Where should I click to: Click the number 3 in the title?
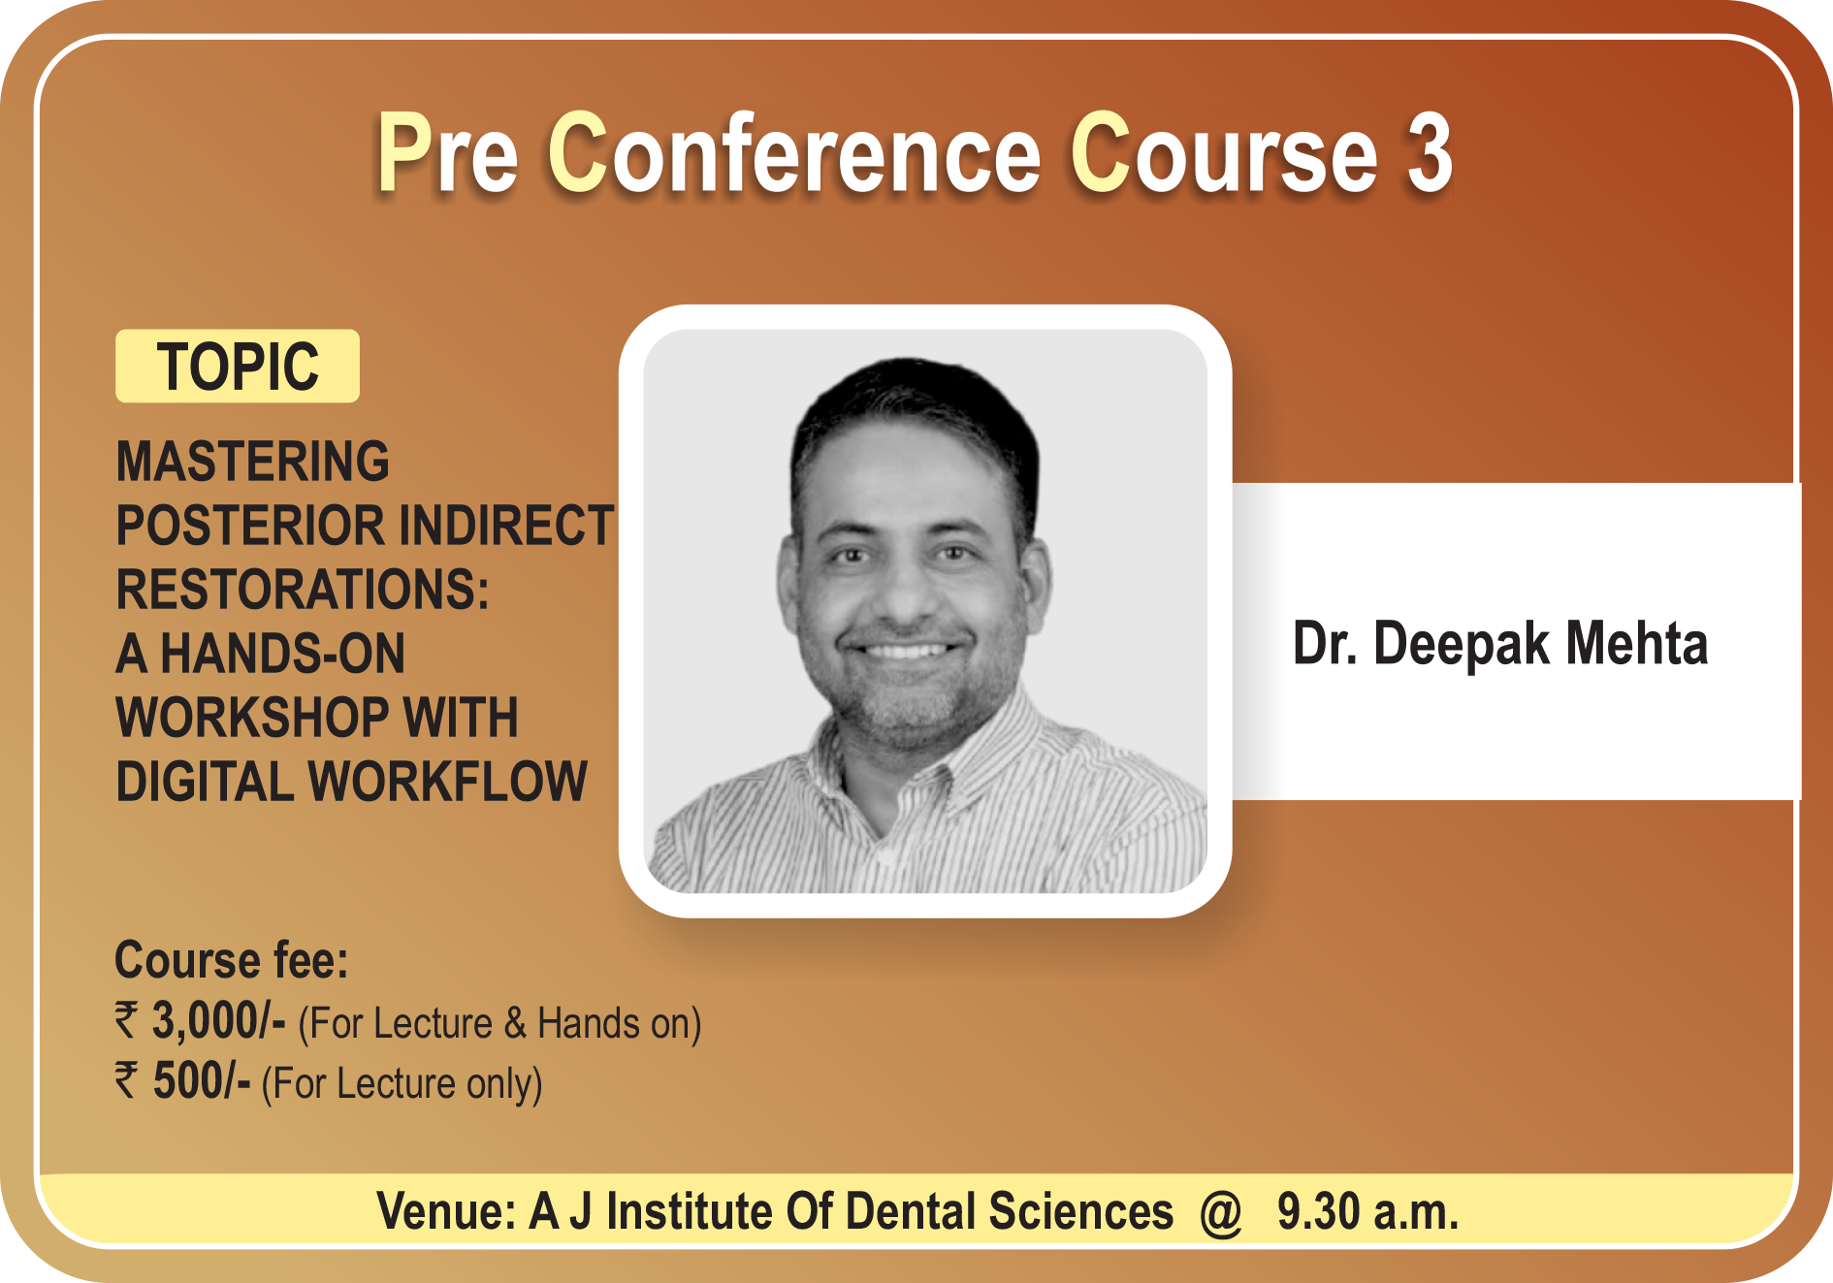click(1430, 153)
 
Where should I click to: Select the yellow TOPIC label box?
click(238, 366)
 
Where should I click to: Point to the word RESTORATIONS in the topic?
click(303, 589)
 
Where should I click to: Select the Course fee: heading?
click(231, 960)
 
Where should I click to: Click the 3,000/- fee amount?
click(218, 1021)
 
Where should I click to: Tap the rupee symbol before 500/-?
click(127, 1080)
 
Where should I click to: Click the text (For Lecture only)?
click(402, 1083)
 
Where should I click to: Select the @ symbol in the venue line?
click(1221, 1212)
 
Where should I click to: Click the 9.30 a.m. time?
click(1367, 1211)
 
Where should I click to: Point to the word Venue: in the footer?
click(446, 1211)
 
